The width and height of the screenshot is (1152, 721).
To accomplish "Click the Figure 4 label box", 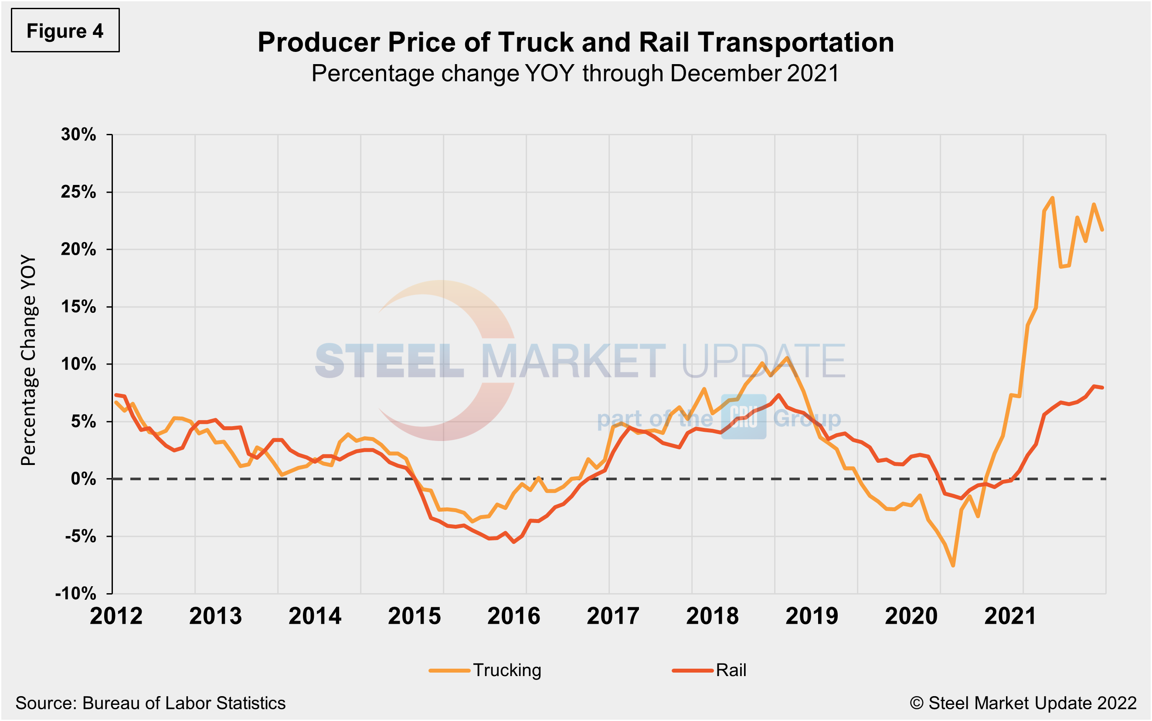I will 65,31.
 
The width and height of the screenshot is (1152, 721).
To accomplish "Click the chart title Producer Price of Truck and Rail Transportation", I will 575,42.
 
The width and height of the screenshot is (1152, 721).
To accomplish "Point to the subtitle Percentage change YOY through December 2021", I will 575,73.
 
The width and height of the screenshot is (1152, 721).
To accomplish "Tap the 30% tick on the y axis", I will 78,134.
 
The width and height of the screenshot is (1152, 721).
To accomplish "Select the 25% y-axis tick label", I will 78,192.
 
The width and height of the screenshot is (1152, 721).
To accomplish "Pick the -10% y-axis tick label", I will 76,594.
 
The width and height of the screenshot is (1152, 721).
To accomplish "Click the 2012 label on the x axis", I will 116,616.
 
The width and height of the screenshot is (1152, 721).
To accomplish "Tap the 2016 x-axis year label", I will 513,616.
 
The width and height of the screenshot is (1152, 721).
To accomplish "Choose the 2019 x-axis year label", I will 812,616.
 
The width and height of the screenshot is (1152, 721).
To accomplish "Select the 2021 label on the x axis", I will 1010,616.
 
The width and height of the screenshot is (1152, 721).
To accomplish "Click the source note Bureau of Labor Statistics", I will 150,703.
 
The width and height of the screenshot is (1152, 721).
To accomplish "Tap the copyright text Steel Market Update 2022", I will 1023,703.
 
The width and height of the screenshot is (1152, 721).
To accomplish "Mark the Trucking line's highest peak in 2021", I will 1053,198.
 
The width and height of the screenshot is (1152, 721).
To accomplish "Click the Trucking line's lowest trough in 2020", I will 953,566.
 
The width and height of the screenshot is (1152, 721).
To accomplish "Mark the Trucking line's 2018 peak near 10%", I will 787,358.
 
